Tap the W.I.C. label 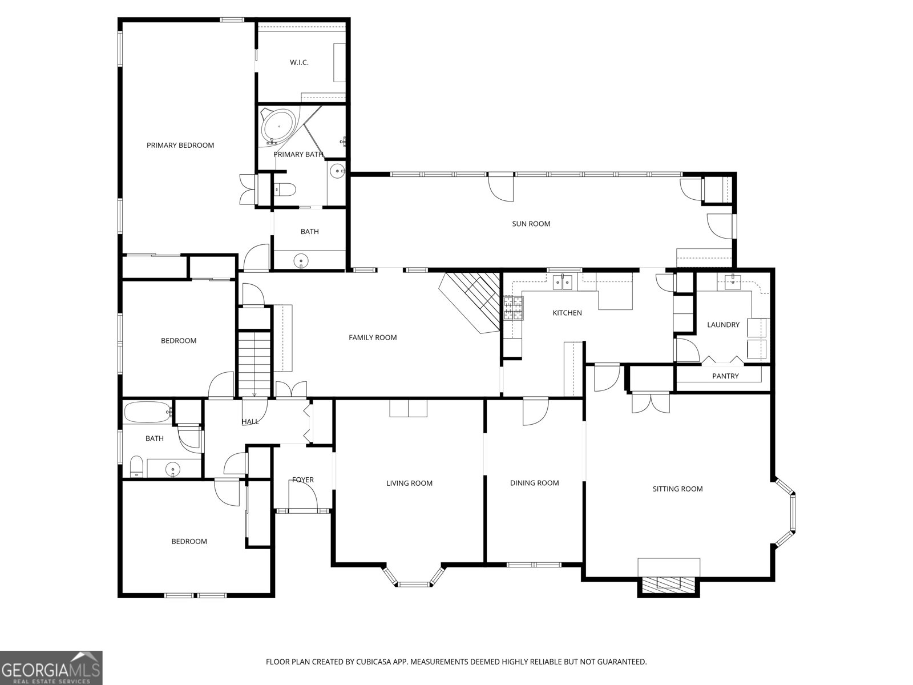pyautogui.click(x=299, y=62)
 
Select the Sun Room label pyautogui.click(x=531, y=224)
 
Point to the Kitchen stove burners pyautogui.click(x=512, y=308)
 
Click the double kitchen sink pyautogui.click(x=564, y=282)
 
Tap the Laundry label pyautogui.click(x=723, y=325)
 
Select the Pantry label pyautogui.click(x=725, y=376)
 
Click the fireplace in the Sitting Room pyautogui.click(x=668, y=583)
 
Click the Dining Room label pyautogui.click(x=534, y=483)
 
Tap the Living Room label pyautogui.click(x=409, y=483)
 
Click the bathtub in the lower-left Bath pyautogui.click(x=147, y=412)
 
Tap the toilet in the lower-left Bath pyautogui.click(x=136, y=466)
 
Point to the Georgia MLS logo pyautogui.click(x=51, y=668)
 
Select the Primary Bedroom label pyautogui.click(x=180, y=146)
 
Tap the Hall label pyautogui.click(x=250, y=422)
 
